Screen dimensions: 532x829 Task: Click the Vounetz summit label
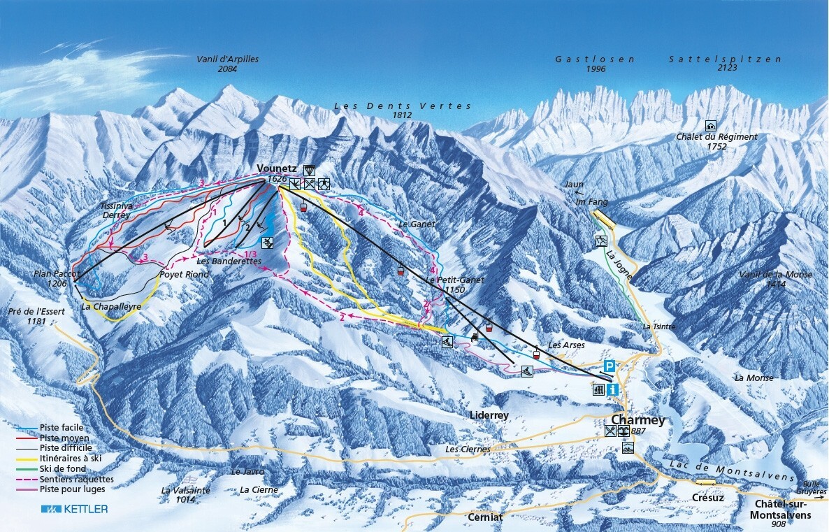click(277, 168)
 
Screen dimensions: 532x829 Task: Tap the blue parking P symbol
click(610, 366)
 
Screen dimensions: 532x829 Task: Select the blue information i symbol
click(613, 390)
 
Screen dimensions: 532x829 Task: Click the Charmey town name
click(637, 420)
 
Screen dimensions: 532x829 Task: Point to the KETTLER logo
click(74, 509)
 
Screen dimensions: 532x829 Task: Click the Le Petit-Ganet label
click(455, 280)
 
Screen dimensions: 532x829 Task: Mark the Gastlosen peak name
click(595, 59)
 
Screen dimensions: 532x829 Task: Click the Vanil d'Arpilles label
click(227, 59)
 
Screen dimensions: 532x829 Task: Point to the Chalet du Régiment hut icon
click(712, 126)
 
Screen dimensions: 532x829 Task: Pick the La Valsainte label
click(185, 490)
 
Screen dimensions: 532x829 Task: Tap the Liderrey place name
click(489, 415)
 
